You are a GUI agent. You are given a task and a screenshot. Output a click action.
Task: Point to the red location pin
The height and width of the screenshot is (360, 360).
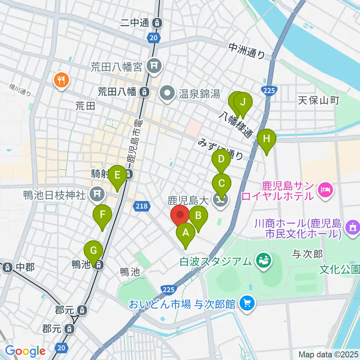pyautogui.click(x=180, y=216)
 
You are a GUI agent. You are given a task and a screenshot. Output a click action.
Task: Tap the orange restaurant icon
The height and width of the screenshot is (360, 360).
pyautogui.click(x=60, y=79)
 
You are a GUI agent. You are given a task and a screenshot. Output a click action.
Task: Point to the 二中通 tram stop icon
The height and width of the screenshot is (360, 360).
pyautogui.click(x=158, y=23)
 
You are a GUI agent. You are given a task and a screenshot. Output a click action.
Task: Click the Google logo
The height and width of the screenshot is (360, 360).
pyautogui.click(x=25, y=351)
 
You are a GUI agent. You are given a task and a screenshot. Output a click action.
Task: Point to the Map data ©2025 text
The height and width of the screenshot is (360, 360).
pyautogui.click(x=328, y=354)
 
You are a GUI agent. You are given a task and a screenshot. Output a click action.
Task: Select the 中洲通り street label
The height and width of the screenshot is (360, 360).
pyautogui.click(x=247, y=51)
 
